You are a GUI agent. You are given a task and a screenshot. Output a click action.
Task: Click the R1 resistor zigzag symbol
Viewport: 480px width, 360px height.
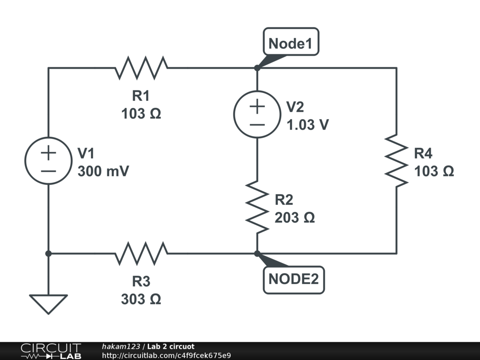point(141,68)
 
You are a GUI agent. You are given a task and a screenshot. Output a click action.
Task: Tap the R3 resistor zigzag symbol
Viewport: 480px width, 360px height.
point(141,254)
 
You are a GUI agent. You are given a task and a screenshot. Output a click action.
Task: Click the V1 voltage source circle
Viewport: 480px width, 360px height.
point(48,161)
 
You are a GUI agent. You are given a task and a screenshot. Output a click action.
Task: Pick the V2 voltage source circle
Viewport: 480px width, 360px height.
point(257,115)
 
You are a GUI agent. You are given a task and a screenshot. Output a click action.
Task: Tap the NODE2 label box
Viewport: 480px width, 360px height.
point(293,279)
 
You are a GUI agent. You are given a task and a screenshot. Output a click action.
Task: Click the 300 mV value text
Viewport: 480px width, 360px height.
point(103,172)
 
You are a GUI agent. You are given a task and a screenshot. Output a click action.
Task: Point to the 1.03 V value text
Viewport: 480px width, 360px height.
point(308,125)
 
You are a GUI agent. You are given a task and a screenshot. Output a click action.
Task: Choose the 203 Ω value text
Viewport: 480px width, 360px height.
point(295,218)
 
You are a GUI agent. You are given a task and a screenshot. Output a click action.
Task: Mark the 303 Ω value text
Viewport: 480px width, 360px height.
point(141,299)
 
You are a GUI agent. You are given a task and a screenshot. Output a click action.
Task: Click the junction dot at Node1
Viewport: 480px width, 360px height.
point(257,68)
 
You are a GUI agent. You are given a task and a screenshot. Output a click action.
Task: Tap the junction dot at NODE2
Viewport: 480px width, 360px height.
point(257,254)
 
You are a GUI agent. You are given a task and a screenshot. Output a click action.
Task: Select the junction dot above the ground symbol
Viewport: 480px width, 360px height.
point(48,254)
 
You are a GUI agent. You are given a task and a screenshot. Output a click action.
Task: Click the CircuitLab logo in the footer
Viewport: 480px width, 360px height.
point(51,351)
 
